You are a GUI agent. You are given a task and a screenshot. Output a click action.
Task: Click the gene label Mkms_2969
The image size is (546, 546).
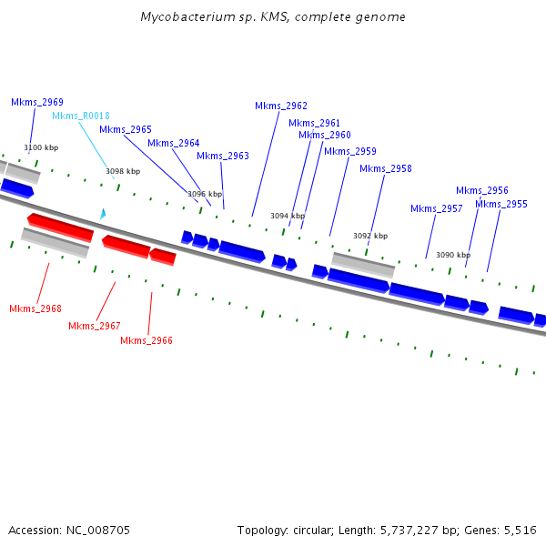point(37,103)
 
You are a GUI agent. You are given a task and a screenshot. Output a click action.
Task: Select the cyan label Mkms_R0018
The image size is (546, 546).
point(81,116)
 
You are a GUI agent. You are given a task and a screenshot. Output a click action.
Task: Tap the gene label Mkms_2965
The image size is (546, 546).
point(126,130)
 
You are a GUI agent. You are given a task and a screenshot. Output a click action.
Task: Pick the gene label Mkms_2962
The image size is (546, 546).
point(281,106)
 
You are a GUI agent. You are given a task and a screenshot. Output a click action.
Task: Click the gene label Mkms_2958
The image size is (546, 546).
point(386,169)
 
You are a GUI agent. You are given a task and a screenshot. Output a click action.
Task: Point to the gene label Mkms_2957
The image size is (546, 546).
point(437,209)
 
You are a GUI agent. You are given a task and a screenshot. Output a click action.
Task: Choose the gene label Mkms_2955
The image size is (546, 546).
point(501,205)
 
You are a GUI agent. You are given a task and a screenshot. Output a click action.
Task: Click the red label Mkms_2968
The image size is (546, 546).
point(35,309)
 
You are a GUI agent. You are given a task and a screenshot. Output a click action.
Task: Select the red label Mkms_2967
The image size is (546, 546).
point(95,326)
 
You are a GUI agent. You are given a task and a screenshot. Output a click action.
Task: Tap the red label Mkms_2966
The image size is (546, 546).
point(147,341)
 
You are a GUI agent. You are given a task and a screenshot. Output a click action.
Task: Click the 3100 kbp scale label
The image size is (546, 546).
point(41,147)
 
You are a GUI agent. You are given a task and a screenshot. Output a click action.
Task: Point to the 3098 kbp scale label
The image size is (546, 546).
point(123,171)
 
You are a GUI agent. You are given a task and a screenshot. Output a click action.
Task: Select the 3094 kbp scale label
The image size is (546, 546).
point(288,217)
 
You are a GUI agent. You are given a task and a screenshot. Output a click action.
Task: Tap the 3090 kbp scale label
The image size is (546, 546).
point(453,256)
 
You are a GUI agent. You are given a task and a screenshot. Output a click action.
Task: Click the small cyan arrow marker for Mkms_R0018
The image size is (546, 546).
point(103,214)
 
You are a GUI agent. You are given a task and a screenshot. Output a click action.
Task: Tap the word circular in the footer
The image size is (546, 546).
point(308,530)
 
